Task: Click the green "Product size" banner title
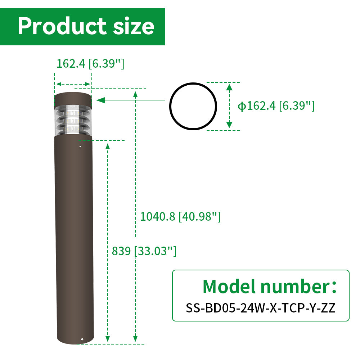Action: [86, 26]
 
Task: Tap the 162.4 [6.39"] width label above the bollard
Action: [90, 64]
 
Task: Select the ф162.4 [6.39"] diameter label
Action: [276, 105]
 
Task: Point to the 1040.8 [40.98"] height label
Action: [180, 216]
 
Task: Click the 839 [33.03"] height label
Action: [144, 251]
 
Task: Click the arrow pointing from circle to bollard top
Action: [133, 100]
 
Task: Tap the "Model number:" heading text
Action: [270, 286]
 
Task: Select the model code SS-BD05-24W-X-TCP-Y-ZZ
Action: [261, 308]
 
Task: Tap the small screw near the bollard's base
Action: [82, 339]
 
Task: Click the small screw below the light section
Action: [80, 146]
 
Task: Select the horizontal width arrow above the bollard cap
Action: [73, 84]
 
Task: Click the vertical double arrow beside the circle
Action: [229, 106]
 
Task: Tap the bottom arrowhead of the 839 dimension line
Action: [107, 339]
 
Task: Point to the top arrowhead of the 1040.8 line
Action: [135, 94]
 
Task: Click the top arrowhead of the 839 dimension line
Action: [107, 145]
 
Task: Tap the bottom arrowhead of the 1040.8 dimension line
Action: [135, 339]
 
